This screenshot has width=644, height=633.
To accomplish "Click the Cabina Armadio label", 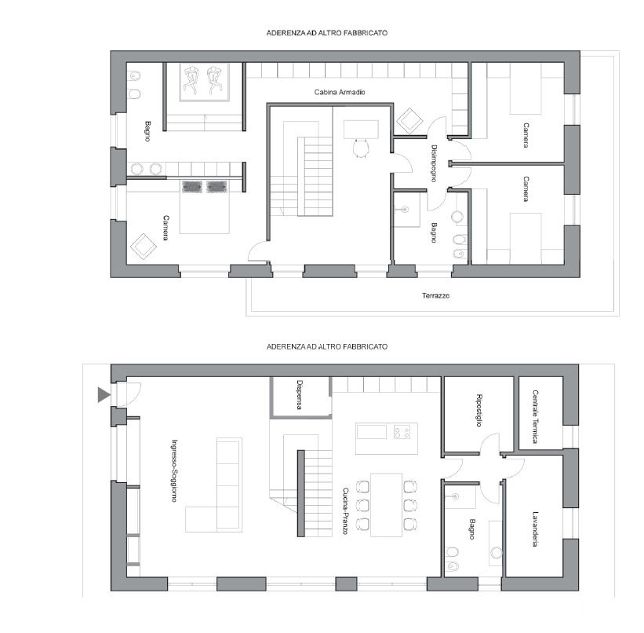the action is click(339, 92).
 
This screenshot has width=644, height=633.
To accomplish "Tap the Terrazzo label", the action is click(435, 295).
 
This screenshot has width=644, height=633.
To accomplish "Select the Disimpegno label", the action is click(434, 163).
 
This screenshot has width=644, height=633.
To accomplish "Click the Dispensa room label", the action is click(300, 395).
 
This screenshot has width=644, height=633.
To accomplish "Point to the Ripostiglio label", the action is click(478, 410).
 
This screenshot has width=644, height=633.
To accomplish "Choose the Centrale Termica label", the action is click(535, 417).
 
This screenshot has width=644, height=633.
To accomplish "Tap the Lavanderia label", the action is click(535, 529).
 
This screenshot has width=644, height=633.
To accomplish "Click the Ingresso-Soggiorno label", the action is click(174, 470).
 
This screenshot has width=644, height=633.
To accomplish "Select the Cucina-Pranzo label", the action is click(345, 510).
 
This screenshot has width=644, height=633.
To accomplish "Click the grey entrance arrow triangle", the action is click(103, 395).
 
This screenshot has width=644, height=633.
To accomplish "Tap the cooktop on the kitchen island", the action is click(402, 432).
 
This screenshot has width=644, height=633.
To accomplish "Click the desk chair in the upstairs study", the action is click(361, 148).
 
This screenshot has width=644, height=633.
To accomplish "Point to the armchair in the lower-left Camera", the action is click(144, 247).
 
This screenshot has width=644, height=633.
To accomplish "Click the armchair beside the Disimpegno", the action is click(409, 120).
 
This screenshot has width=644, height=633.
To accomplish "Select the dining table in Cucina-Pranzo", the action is click(386, 505).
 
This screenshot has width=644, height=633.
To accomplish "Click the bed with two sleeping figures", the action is click(204, 82).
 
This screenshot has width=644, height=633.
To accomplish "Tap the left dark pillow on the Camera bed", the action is click(191, 187).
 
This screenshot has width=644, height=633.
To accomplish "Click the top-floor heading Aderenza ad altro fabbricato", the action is click(326, 33).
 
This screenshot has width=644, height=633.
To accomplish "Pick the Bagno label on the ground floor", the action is click(472, 529).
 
